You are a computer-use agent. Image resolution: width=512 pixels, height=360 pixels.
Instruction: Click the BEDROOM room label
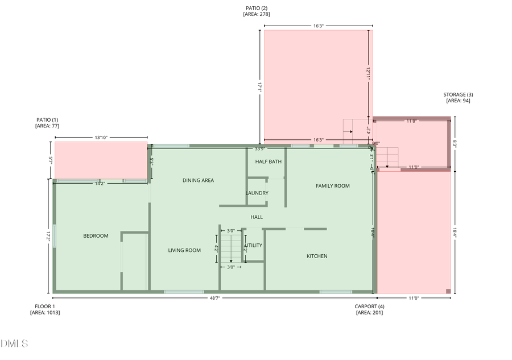[x=96, y=236]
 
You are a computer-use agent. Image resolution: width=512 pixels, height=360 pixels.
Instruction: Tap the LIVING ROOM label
[x=184, y=250]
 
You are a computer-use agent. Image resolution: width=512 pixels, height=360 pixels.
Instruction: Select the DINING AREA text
[x=198, y=180]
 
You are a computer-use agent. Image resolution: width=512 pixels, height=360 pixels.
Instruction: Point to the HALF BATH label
[x=269, y=162]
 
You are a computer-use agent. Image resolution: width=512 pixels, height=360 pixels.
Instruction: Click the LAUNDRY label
[x=257, y=193]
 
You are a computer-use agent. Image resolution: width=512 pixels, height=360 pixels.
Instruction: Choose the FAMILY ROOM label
[x=333, y=186]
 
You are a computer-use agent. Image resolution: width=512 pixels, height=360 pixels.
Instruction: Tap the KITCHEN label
[x=317, y=256]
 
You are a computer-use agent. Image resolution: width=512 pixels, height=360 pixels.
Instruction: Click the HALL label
[x=257, y=217]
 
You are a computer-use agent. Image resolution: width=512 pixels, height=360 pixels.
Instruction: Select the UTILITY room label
[x=254, y=246]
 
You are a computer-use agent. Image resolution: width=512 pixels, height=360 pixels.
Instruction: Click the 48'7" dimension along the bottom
[x=214, y=298]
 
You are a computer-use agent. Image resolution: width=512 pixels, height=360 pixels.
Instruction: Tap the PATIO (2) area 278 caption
[x=257, y=11]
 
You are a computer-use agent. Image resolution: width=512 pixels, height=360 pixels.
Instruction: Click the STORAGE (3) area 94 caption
[x=458, y=97]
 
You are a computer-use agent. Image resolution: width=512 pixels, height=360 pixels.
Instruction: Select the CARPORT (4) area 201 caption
[x=369, y=309]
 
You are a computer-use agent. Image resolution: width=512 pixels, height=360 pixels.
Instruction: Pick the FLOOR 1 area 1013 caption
[x=45, y=309]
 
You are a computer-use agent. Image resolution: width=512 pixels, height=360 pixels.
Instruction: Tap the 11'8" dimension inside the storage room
[x=412, y=121]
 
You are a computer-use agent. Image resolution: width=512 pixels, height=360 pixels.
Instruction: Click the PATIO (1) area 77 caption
[x=47, y=122]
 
